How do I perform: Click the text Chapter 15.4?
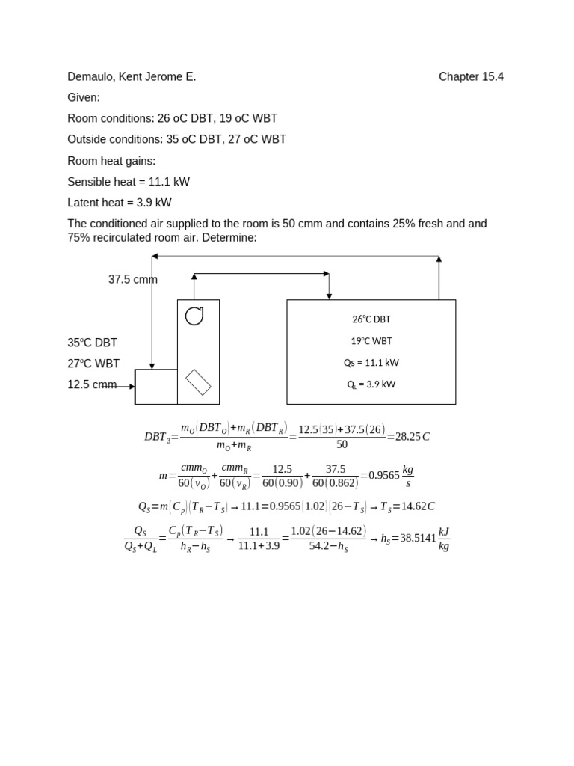pos(471,76)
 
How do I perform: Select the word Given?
pos(84,97)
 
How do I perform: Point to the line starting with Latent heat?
pos(120,202)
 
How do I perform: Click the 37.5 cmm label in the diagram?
pos(132,280)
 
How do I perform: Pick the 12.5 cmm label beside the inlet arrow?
pos(92,384)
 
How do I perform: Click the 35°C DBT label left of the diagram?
pos(92,343)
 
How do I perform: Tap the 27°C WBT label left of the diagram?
pos(93,364)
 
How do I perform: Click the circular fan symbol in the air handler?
pos(194,316)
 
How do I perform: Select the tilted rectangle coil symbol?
pos(198,382)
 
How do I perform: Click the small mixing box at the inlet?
pos(156,387)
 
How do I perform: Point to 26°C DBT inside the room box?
pos(371,319)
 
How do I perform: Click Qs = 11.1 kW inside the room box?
pos(371,363)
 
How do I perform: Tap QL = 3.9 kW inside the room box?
pos(371,384)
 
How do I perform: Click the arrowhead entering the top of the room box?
pos(329,296)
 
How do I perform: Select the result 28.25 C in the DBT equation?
pos(413,436)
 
